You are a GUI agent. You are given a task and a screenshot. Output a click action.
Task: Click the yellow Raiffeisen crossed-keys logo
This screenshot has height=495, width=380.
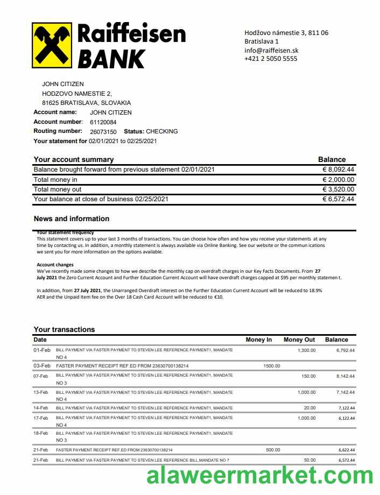[x=52, y=45]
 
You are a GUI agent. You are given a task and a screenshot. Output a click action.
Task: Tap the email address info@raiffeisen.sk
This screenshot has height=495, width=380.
[x=271, y=50]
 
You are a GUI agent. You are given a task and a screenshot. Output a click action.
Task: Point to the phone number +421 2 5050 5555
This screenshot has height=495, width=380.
[x=271, y=59]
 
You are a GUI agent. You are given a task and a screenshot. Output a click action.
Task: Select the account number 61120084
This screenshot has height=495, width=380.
[x=103, y=122]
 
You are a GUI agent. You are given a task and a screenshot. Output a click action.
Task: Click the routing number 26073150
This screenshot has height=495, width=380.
[x=103, y=132]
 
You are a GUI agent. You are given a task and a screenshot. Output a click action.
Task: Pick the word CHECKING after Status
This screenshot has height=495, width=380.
[x=161, y=131]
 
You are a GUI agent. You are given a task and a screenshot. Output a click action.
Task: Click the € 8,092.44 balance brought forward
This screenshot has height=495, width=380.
[x=338, y=169]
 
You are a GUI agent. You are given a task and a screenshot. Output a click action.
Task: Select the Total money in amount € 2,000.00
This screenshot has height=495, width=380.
[x=338, y=180]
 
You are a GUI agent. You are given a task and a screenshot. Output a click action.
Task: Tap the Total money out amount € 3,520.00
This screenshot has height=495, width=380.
[x=338, y=189]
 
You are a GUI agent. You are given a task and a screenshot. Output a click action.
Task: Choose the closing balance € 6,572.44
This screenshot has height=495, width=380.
[x=338, y=199]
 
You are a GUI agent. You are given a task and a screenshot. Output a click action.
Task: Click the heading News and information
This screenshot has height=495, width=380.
[x=72, y=219]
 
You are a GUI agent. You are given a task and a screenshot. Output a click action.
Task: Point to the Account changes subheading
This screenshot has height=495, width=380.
[x=55, y=265]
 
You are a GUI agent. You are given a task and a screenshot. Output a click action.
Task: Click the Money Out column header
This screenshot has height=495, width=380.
[x=299, y=340]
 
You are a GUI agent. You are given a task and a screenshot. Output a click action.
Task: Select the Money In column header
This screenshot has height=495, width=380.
[x=259, y=340]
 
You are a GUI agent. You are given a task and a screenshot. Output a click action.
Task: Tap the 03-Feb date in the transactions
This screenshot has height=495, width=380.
[x=41, y=366]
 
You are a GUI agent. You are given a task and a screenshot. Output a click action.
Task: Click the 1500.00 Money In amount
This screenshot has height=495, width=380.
[x=272, y=366]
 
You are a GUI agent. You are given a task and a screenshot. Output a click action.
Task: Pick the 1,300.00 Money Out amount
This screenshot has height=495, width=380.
[x=307, y=350]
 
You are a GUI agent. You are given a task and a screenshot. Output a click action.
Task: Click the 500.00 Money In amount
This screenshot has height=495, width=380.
[x=273, y=450]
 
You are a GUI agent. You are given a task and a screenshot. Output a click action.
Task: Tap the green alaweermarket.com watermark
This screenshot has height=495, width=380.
[x=259, y=476]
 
